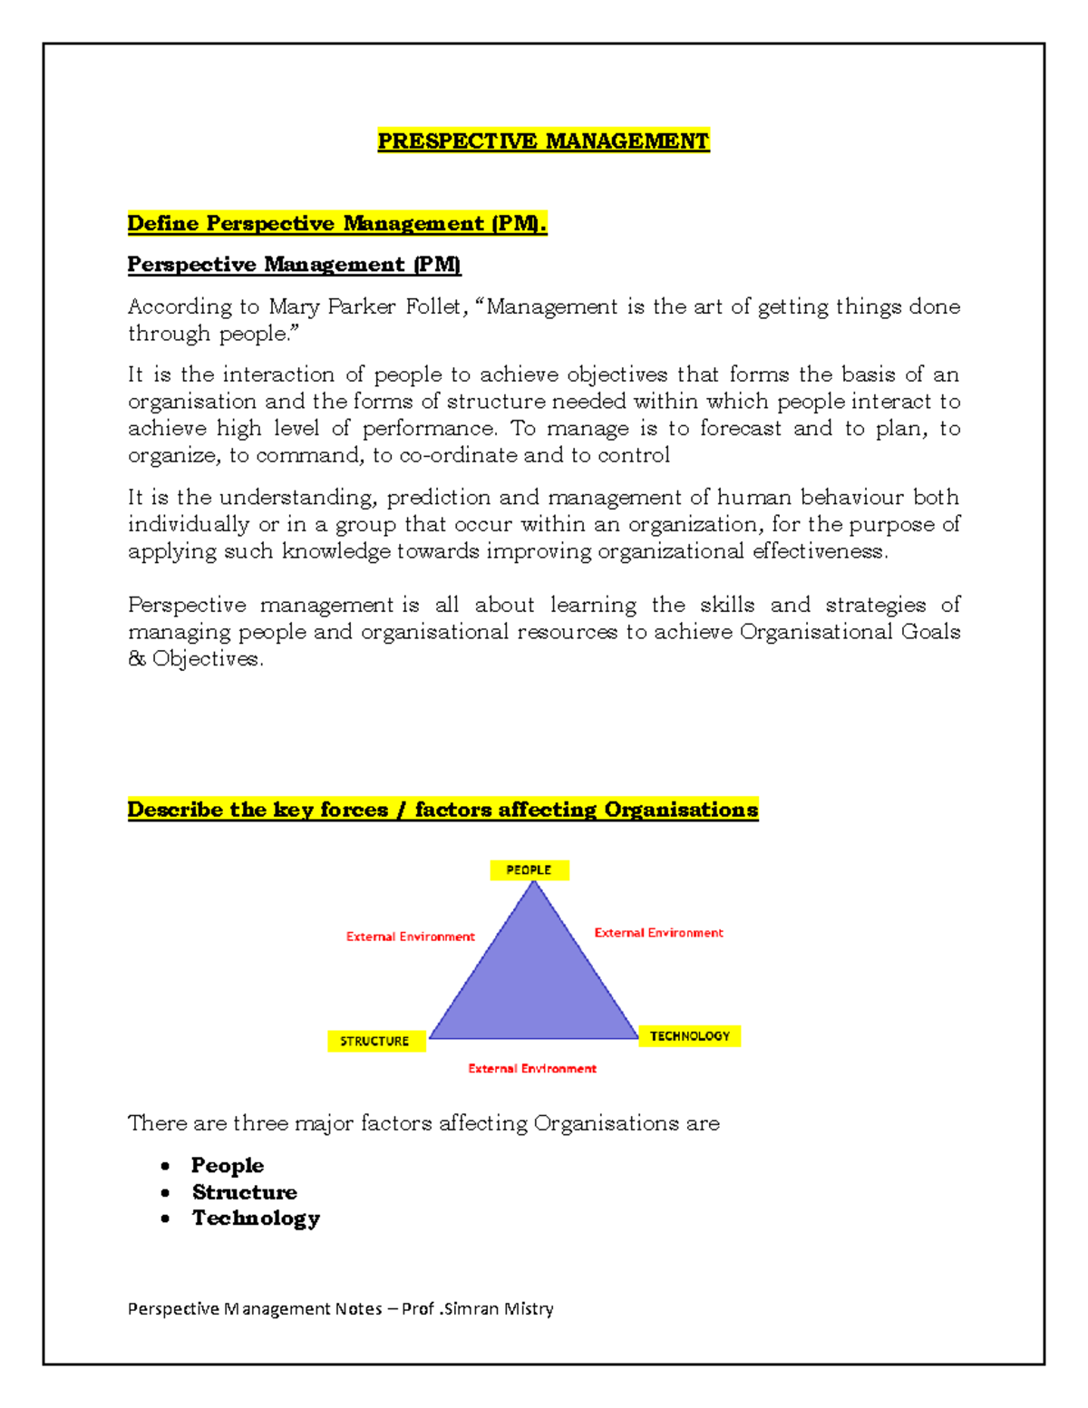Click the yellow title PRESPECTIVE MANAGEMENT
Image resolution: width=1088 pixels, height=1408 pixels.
(x=543, y=141)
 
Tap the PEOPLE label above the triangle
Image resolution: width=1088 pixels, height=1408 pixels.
(x=529, y=870)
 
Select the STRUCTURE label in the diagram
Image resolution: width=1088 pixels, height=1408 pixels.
(x=374, y=1042)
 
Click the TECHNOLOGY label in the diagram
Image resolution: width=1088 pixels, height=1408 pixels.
(x=689, y=1036)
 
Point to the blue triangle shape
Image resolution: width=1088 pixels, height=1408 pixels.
(x=534, y=988)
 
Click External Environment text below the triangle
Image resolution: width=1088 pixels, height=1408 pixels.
(x=532, y=1069)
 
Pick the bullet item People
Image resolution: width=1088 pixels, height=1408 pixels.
(x=227, y=1166)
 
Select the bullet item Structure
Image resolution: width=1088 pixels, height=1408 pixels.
(x=244, y=1192)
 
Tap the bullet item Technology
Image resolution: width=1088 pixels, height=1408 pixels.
(x=256, y=1219)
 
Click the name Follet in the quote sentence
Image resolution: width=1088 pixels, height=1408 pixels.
(x=437, y=307)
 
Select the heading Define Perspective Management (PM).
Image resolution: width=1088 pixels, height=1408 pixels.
(x=336, y=224)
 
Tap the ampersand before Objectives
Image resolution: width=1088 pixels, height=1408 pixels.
(x=137, y=659)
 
